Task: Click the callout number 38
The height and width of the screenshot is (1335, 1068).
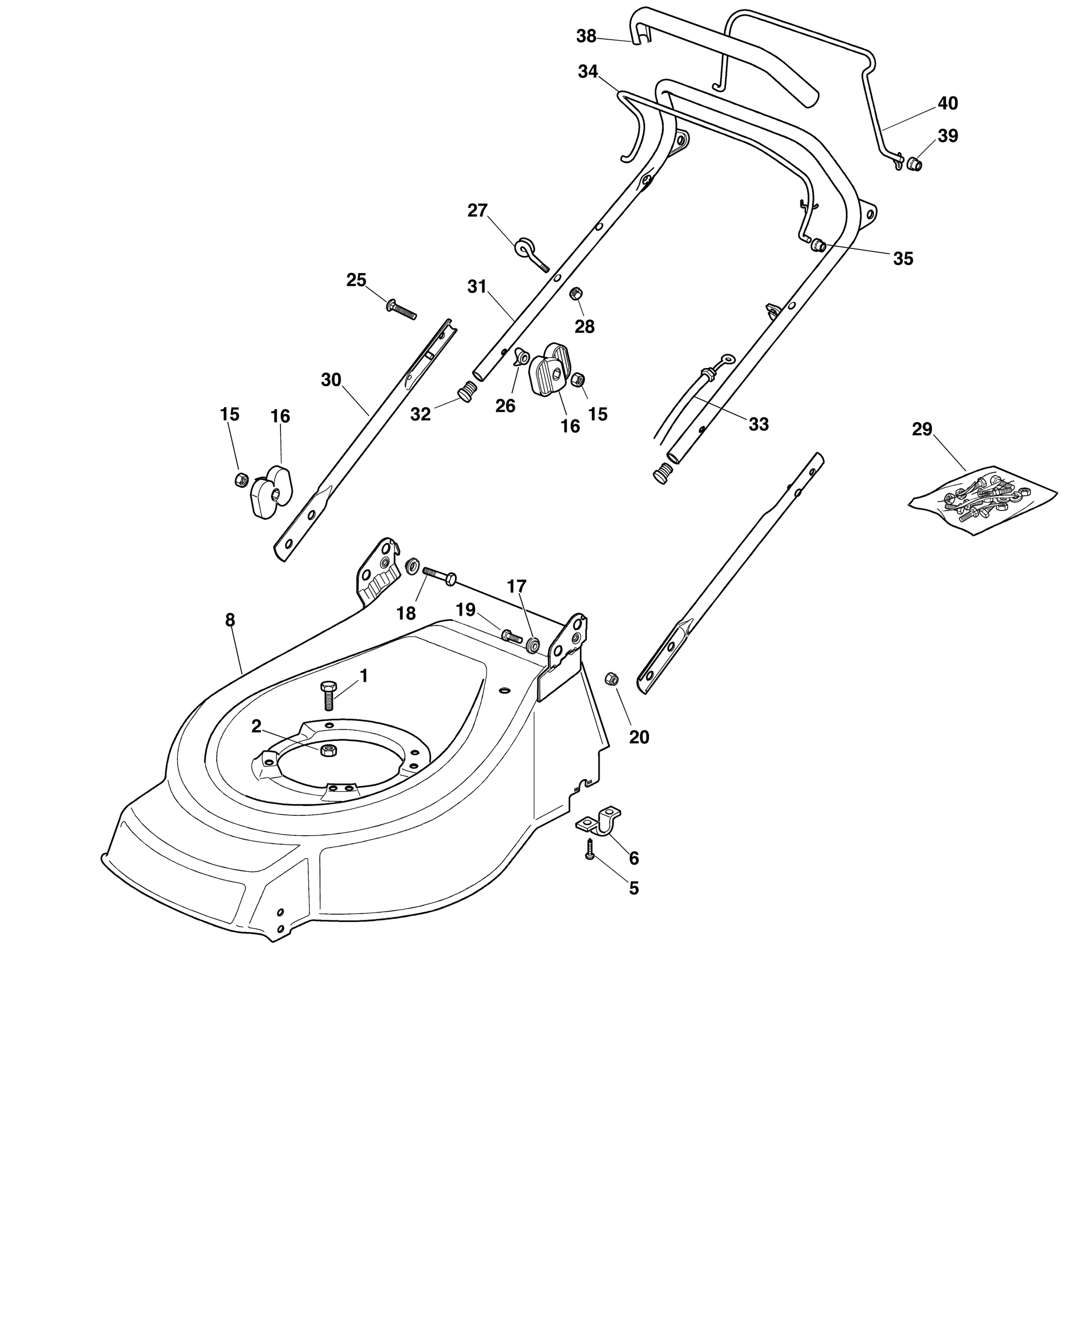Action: click(587, 36)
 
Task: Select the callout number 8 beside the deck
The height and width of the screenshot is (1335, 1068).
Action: click(231, 620)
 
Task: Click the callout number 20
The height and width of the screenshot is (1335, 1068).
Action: click(639, 737)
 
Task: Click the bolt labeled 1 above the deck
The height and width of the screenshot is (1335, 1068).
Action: click(328, 696)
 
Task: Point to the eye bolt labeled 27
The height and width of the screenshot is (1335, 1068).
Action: click(530, 254)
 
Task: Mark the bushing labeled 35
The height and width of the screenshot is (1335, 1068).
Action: click(818, 245)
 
